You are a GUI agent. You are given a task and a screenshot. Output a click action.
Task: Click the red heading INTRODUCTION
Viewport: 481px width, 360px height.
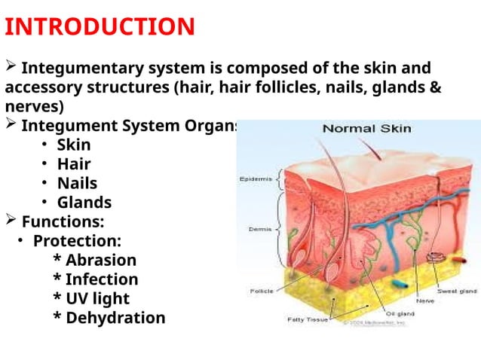click(100, 27)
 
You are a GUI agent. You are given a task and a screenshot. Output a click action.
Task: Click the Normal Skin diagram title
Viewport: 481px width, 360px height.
click(366, 129)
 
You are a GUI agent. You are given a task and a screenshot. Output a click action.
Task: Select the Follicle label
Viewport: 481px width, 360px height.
click(261, 291)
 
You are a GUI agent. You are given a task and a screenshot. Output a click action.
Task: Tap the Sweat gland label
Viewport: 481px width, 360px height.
click(455, 290)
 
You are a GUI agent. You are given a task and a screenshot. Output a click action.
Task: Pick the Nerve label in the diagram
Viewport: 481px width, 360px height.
click(424, 301)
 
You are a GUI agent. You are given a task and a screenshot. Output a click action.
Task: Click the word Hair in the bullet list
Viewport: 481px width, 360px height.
click(74, 163)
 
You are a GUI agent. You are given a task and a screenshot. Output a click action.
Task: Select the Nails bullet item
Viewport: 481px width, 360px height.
click(77, 183)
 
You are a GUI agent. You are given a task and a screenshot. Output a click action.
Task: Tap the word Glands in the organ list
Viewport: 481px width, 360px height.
click(84, 203)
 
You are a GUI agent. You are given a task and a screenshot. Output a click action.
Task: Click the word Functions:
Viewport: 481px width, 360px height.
click(63, 222)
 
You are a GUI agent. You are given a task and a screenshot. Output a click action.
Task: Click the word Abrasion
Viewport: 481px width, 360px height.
click(100, 261)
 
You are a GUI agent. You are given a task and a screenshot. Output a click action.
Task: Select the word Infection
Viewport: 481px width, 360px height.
click(101, 280)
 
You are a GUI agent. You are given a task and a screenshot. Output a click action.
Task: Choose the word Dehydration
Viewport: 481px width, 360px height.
click(115, 318)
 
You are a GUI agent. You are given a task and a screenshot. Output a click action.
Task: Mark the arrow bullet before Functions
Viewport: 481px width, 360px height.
click(11, 221)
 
